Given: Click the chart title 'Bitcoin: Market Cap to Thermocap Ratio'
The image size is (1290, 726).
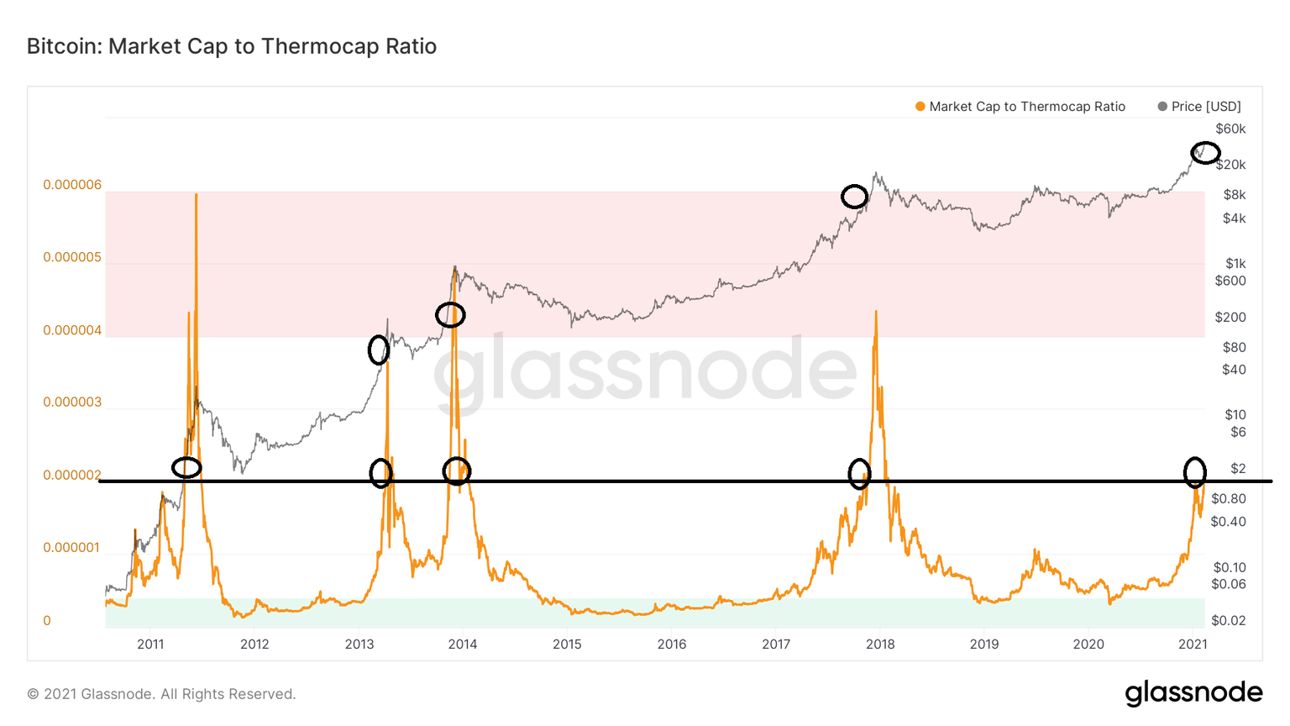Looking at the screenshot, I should tap(232, 46).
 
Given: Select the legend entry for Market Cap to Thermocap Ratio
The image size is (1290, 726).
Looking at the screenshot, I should tap(1020, 107).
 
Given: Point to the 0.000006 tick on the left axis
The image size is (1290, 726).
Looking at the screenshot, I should tap(72, 185).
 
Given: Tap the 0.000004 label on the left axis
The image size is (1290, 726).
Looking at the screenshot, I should tap(72, 330).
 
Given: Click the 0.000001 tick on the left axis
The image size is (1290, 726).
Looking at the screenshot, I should tap(72, 548).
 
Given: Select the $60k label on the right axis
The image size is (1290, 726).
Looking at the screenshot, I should tap(1230, 129).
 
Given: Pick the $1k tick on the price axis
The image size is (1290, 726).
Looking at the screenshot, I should tap(1235, 264).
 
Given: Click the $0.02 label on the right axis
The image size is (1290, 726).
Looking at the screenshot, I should tap(1228, 620).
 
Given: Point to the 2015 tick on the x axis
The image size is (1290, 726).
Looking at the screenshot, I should tap(567, 644).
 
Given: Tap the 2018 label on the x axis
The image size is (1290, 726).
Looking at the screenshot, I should tap(880, 644).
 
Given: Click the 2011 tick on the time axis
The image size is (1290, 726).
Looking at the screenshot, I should tap(150, 644).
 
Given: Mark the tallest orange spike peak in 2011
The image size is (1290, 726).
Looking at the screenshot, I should tap(196, 195).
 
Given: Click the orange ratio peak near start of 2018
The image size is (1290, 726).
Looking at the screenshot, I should tap(876, 313).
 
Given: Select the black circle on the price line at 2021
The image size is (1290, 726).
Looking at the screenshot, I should tap(1205, 152).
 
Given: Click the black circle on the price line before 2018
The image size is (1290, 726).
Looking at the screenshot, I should tap(854, 197).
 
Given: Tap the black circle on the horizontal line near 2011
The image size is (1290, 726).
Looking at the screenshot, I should tap(186, 468).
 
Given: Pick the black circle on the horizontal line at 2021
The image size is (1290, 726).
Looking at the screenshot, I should tap(1194, 472).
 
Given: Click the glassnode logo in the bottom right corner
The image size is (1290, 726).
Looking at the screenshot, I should tap(1193, 693).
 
